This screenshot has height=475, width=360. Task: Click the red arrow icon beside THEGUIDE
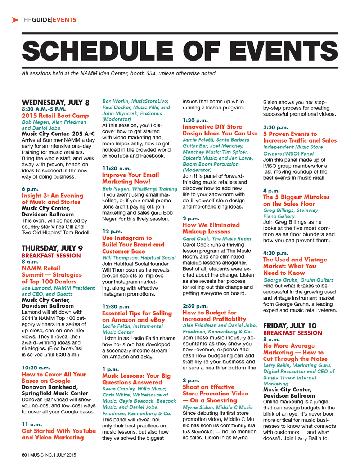[x=15, y=20]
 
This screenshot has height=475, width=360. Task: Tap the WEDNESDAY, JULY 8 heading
[x=55, y=103]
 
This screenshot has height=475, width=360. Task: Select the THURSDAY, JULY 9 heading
[x=52, y=248]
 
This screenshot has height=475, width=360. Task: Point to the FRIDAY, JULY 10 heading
[x=290, y=326]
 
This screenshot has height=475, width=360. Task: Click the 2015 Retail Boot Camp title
[x=55, y=116]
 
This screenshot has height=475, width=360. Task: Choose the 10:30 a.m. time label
[x=36, y=368]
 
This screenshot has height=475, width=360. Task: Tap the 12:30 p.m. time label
[x=116, y=306]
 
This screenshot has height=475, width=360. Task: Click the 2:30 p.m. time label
[x=195, y=306]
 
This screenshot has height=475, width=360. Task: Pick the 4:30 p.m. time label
[x=275, y=253]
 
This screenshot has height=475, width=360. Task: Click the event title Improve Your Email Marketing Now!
[x=130, y=178]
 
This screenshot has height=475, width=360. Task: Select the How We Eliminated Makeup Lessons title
[x=211, y=228]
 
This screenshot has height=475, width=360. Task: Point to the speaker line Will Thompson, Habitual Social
[x=139, y=257]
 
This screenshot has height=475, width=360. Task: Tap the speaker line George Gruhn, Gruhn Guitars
[x=298, y=280]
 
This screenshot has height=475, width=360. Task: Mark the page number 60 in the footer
[x=24, y=455]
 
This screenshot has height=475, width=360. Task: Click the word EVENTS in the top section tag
[x=64, y=20]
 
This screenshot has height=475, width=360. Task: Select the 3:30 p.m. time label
[x=275, y=127]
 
